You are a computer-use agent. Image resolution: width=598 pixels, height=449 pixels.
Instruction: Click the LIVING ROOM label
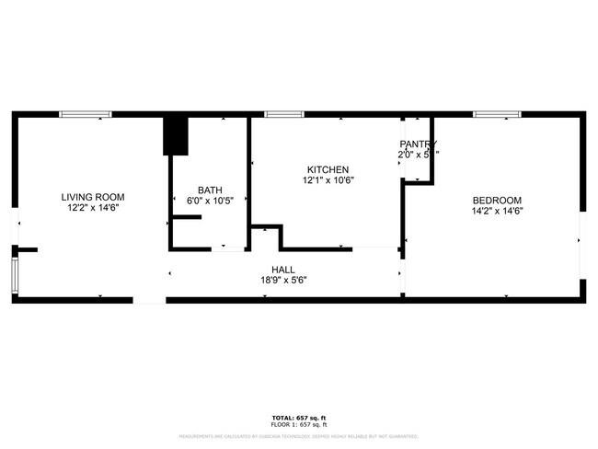[92, 197]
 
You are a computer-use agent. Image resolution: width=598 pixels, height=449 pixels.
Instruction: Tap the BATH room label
[210, 189]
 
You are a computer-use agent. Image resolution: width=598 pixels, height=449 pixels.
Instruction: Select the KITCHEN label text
[328, 169]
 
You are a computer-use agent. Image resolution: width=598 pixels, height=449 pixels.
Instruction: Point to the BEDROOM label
[497, 201]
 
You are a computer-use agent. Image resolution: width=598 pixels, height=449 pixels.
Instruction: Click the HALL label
[282, 269]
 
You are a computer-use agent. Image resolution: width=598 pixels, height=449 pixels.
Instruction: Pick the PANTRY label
[418, 144]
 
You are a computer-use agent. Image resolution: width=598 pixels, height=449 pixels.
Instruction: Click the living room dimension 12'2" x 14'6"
[92, 209]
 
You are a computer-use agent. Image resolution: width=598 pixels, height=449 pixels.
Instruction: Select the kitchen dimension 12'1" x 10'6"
[328, 181]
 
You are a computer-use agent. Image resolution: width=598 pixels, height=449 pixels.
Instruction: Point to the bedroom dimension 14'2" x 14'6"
[497, 213]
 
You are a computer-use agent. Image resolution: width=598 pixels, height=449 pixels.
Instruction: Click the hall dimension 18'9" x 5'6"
[282, 281]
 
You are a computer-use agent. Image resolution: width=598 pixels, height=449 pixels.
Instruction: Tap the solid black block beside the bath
[175, 136]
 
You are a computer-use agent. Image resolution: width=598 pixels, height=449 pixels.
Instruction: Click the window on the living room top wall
[86, 114]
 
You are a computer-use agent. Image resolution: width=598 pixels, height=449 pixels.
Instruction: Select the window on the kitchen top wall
[284, 114]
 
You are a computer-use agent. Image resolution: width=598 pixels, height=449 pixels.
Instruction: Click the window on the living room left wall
[14, 275]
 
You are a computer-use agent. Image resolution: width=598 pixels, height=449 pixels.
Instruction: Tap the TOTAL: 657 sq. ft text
[298, 418]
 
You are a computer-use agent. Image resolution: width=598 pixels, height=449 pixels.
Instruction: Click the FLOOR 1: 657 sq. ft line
[298, 425]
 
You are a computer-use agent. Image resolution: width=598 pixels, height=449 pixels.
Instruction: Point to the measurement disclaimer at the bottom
[298, 436]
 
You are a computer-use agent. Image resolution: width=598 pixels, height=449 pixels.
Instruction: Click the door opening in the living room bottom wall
[149, 300]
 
